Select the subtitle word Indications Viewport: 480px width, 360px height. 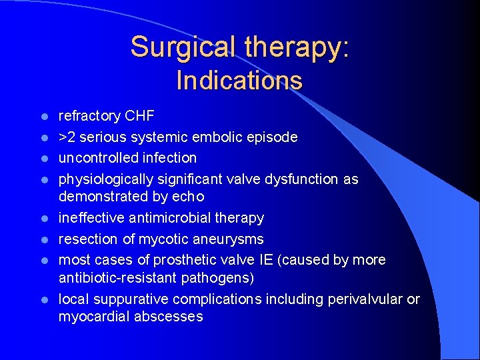(x=239, y=81)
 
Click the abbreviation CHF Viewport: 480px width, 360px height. (x=139, y=116)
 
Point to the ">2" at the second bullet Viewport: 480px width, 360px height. (x=67, y=137)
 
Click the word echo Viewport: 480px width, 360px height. (x=190, y=197)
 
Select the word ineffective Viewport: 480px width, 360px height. (x=94, y=218)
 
